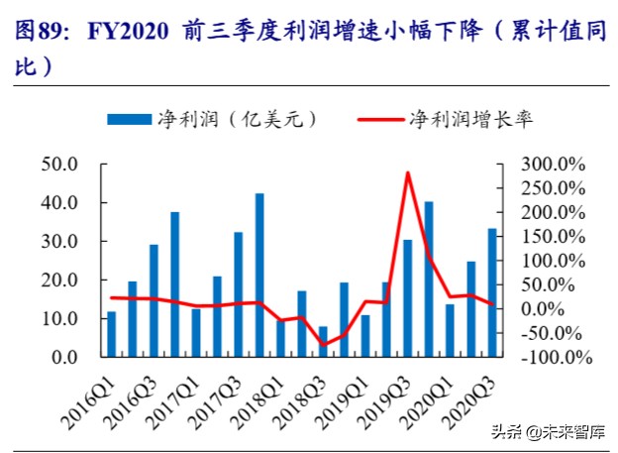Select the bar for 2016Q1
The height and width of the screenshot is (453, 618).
111,334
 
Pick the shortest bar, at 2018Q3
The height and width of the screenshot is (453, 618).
323,341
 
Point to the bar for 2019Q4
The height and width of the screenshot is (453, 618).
429,279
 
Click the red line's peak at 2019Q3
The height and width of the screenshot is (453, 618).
407,172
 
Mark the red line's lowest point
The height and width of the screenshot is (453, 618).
323,345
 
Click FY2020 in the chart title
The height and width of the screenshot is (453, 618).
131,32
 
